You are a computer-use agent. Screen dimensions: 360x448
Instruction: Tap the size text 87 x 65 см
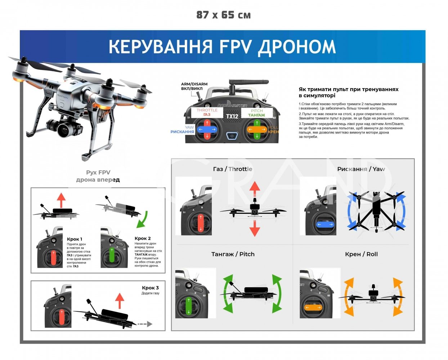pos(223,15)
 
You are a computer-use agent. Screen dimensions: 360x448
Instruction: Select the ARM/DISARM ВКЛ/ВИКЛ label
pos(194,86)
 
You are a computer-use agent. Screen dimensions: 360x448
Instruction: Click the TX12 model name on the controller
pos(232,116)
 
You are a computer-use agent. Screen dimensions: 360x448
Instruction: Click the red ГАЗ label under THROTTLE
pos(207,115)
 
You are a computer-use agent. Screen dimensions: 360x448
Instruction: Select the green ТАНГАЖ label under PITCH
pos(256,115)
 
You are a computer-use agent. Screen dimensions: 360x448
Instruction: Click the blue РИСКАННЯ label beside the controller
pos(182,132)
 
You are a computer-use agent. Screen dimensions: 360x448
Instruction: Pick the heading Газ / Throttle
pos(232,169)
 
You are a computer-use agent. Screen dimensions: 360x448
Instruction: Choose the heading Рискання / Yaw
pos(361,169)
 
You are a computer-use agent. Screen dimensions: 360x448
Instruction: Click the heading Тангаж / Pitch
pos(233,254)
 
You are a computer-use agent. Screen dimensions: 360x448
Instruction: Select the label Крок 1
pos(75,239)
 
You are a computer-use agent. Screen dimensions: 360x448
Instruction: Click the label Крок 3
pos(150,288)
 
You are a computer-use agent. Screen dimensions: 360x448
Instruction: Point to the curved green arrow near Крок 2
pos(143,219)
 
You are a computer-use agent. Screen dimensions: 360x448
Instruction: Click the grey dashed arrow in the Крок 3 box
pos(145,324)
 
